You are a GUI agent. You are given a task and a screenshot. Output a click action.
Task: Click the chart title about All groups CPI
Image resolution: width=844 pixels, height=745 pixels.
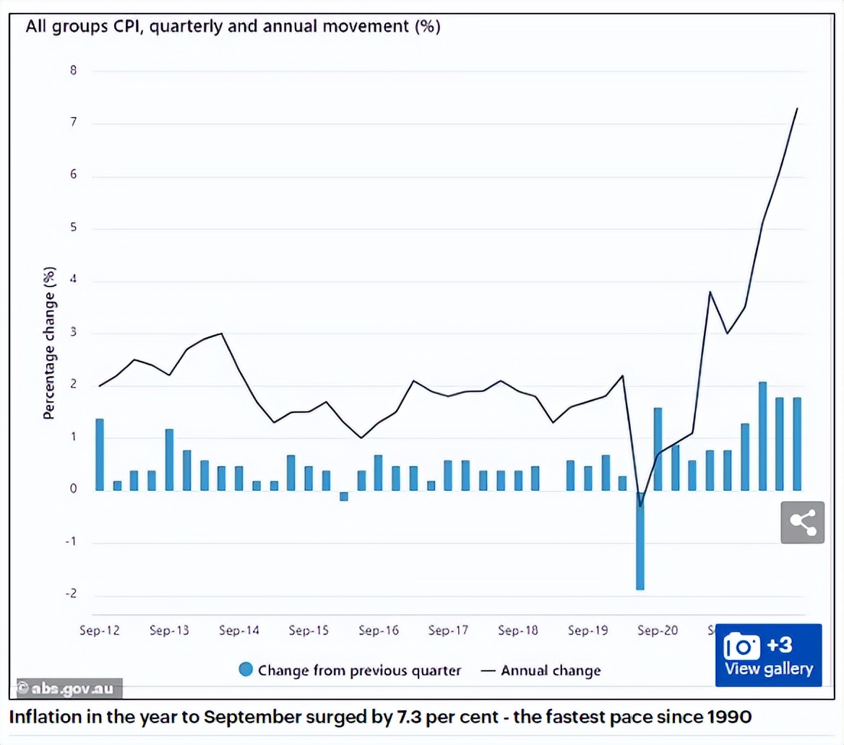click(x=233, y=27)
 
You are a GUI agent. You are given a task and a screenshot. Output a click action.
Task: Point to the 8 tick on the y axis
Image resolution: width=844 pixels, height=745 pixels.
click(x=73, y=71)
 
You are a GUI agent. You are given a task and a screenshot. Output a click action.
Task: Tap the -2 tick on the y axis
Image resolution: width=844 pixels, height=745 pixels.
click(x=71, y=595)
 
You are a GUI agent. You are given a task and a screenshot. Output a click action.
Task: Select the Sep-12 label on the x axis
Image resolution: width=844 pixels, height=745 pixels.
click(x=100, y=630)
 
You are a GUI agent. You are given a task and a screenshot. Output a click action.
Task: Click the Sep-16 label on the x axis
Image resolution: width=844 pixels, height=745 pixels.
click(x=379, y=630)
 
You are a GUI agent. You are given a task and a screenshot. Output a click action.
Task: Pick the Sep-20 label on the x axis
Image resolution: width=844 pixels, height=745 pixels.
click(x=658, y=630)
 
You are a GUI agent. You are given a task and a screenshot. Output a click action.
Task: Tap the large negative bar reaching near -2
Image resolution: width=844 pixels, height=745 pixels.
click(x=640, y=541)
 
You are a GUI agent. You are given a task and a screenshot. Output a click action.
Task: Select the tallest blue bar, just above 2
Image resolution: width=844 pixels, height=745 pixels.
click(x=762, y=436)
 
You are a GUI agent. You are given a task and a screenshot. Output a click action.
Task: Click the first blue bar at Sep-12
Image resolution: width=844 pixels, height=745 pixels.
click(x=100, y=455)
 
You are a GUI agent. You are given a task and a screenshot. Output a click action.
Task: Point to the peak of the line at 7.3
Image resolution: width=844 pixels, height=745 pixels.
click(x=797, y=109)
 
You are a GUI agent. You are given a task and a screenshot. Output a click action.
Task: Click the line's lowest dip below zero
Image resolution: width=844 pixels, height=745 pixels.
click(x=640, y=505)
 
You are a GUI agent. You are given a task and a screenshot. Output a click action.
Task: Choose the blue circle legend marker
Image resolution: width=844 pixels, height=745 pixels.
click(x=246, y=670)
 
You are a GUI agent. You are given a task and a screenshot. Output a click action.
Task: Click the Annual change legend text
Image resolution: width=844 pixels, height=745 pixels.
click(x=551, y=670)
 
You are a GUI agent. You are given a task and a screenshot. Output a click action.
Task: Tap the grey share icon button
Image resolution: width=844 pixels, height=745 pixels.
click(x=802, y=522)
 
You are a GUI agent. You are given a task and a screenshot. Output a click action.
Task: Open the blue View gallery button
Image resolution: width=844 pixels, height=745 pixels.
click(x=769, y=655)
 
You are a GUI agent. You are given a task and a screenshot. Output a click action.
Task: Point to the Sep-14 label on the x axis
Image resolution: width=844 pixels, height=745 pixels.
click(x=239, y=630)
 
